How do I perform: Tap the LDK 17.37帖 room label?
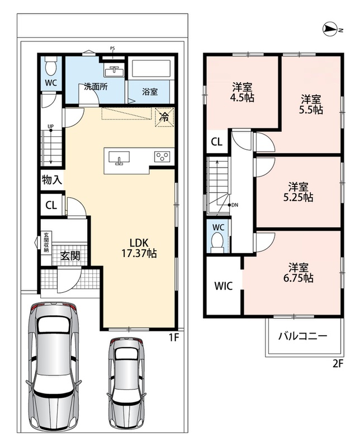[139, 248]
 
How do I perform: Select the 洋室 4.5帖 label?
[242, 92]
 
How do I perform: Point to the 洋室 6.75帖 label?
[298, 272]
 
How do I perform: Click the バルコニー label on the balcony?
[302, 336]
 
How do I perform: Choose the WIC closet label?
[224, 286]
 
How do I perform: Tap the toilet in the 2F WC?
[217, 242]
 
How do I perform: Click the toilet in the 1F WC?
[51, 66]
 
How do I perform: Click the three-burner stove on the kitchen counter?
[162, 156]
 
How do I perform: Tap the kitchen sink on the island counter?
[119, 158]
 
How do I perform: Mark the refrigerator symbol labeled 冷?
[164, 117]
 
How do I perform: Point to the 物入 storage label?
[52, 180]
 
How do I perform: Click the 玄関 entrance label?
[70, 256]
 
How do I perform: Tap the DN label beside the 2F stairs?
[234, 205]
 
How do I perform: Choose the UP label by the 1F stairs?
[50, 126]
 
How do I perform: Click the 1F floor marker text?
[174, 337]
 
